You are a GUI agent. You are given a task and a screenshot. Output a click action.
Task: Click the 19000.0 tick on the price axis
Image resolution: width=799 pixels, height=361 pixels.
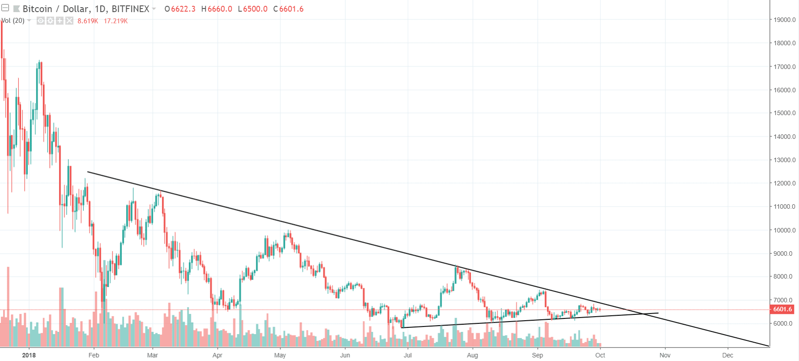785,20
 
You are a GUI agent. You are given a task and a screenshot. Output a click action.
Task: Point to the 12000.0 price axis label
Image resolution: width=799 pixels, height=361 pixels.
785,183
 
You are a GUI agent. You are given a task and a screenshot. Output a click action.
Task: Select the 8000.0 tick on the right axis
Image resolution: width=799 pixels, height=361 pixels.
785,276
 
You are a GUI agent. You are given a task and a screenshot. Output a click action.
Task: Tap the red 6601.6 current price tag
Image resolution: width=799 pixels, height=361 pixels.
782,309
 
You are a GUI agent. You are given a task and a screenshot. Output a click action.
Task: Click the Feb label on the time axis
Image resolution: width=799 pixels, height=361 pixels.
94,355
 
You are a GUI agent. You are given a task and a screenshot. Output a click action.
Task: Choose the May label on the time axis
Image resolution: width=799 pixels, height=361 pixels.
280,355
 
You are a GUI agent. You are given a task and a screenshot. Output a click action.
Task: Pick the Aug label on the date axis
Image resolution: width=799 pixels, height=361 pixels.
472,355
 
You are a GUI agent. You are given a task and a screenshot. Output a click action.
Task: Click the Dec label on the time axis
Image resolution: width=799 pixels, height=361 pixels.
728,355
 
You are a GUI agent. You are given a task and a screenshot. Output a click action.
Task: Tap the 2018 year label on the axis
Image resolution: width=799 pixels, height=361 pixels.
29,355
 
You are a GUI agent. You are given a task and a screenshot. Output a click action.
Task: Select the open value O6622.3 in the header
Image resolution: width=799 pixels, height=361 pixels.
180,9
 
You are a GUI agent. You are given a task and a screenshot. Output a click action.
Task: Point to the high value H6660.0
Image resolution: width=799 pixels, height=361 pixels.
217,9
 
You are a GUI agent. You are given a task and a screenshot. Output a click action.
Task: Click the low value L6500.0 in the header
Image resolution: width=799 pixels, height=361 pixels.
253,9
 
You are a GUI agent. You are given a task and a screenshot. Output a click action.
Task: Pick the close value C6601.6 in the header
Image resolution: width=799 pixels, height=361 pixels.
289,9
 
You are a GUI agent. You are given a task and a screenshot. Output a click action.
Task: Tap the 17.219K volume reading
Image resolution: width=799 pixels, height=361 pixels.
116,21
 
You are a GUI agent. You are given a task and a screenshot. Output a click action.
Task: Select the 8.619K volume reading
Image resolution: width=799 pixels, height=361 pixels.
88,21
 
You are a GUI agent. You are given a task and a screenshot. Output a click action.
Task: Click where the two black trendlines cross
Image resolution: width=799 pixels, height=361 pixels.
643,314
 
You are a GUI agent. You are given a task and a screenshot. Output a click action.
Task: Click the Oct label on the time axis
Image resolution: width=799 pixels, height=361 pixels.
600,355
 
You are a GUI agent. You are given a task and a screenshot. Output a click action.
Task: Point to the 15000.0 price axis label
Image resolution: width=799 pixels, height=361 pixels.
785,113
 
